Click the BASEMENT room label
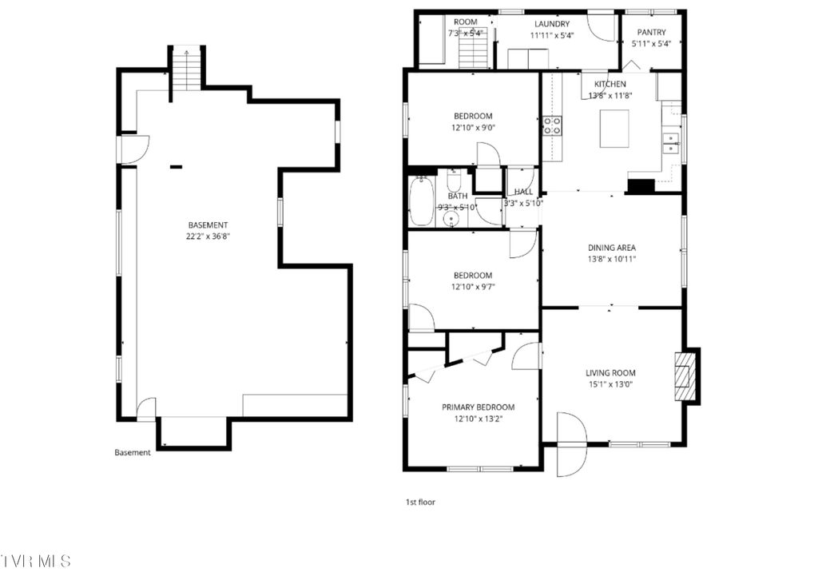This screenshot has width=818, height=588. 208,225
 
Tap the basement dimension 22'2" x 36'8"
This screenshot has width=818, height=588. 208,236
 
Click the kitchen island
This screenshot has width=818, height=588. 613,129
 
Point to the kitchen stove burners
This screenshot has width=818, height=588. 552,125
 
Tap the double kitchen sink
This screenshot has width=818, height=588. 672,144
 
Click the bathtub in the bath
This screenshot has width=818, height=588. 420,201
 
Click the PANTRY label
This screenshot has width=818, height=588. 651,33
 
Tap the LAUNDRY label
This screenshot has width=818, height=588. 552,24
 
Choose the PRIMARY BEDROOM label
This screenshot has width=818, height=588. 478,407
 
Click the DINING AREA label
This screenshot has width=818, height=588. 611,248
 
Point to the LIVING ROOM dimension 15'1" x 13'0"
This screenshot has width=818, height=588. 610,383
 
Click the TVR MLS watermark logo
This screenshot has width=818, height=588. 36,561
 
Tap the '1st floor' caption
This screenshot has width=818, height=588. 420,503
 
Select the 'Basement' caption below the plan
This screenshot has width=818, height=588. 132,452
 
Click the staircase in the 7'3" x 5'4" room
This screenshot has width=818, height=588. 472,54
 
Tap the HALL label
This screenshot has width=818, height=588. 523,193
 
